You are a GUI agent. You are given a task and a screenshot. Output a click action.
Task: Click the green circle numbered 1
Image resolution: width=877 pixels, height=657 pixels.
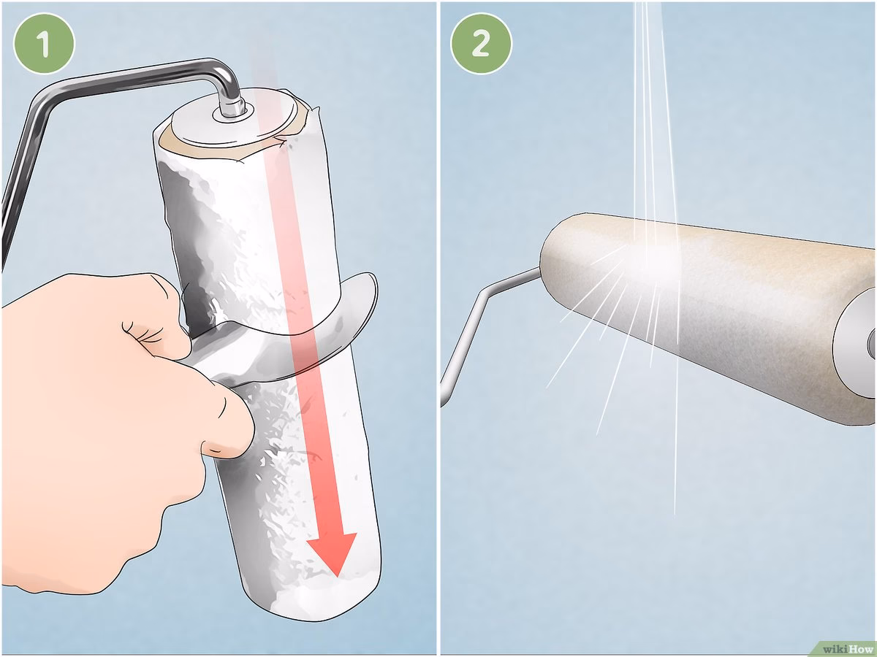(x=44, y=43)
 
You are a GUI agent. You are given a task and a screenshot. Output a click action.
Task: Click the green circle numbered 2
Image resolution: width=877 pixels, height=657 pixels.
(x=481, y=43)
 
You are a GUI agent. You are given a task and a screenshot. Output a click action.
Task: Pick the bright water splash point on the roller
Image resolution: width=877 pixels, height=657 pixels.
(x=656, y=258)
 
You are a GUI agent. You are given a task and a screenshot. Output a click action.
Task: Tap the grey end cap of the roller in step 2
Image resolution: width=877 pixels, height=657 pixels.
(x=857, y=344)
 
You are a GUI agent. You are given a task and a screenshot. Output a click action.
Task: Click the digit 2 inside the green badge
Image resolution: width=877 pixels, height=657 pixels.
(x=481, y=44)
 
